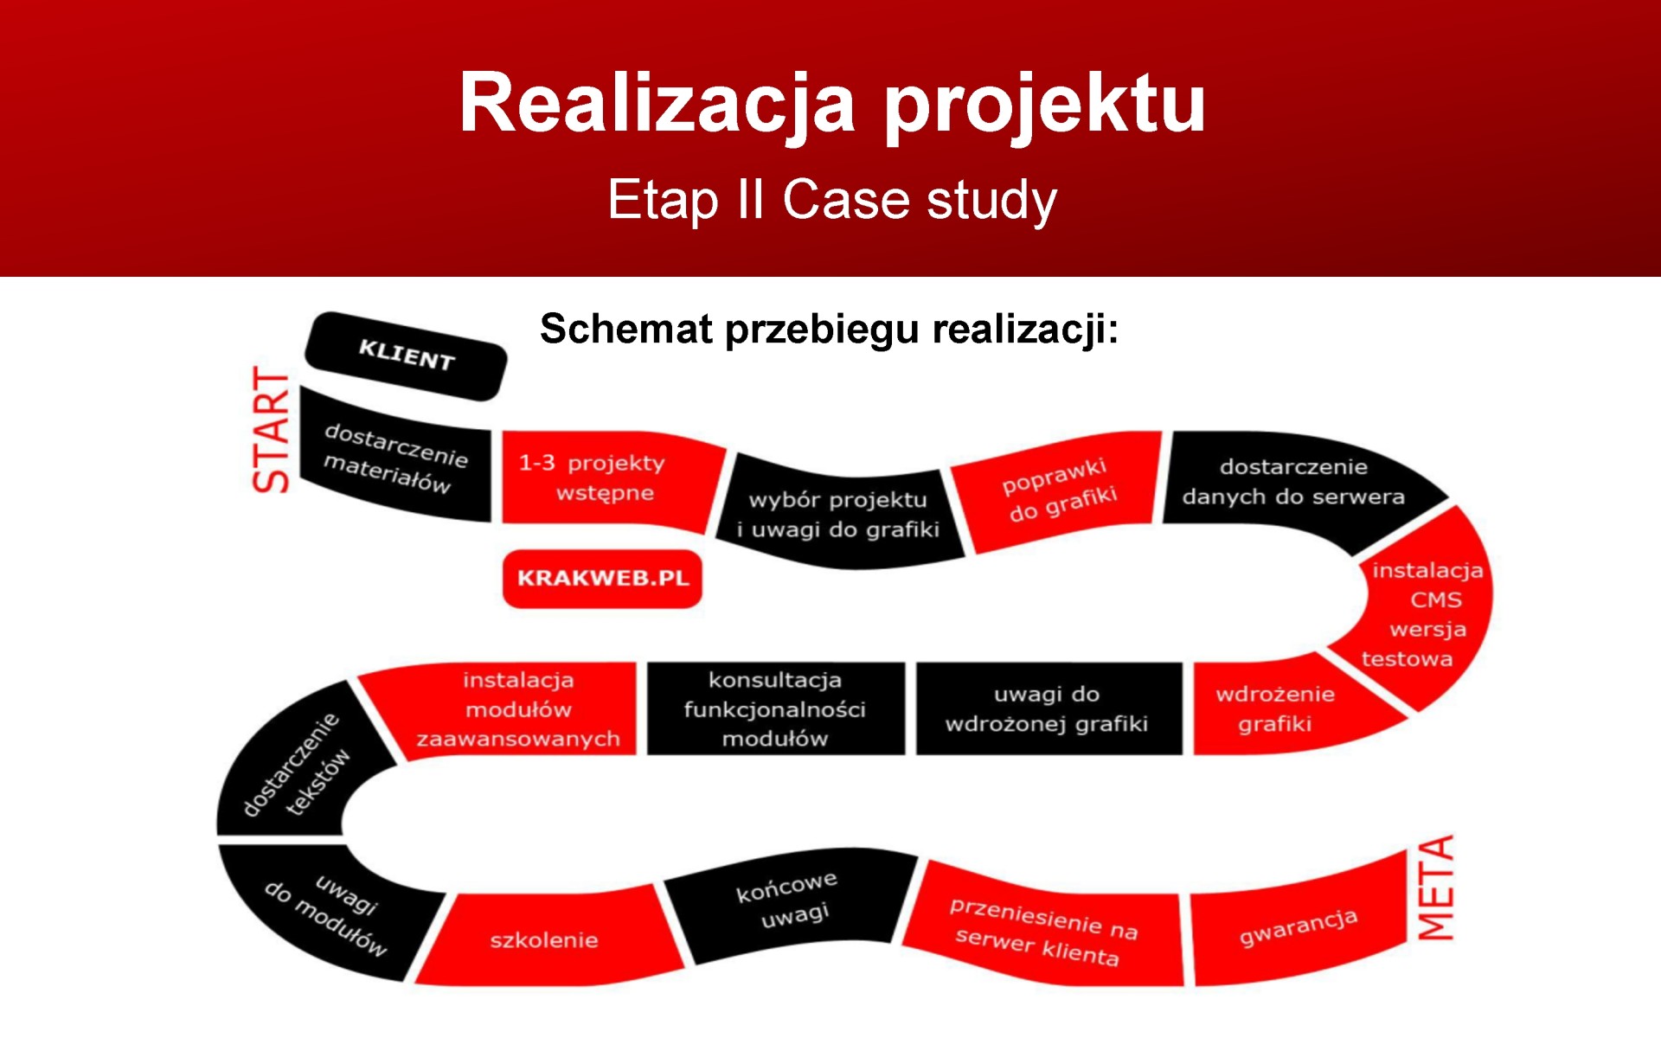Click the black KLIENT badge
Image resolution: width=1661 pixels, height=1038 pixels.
click(406, 356)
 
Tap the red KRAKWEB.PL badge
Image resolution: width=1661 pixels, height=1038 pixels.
click(602, 579)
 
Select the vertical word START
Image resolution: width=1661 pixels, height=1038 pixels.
click(271, 430)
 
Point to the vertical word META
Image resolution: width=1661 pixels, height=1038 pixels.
click(1435, 887)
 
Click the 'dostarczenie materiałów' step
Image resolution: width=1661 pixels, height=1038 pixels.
click(395, 456)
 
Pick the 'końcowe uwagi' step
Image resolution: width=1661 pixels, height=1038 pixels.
click(787, 904)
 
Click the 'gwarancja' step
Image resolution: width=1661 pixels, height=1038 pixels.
click(1299, 926)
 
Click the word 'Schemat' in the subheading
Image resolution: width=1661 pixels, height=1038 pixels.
click(626, 330)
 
